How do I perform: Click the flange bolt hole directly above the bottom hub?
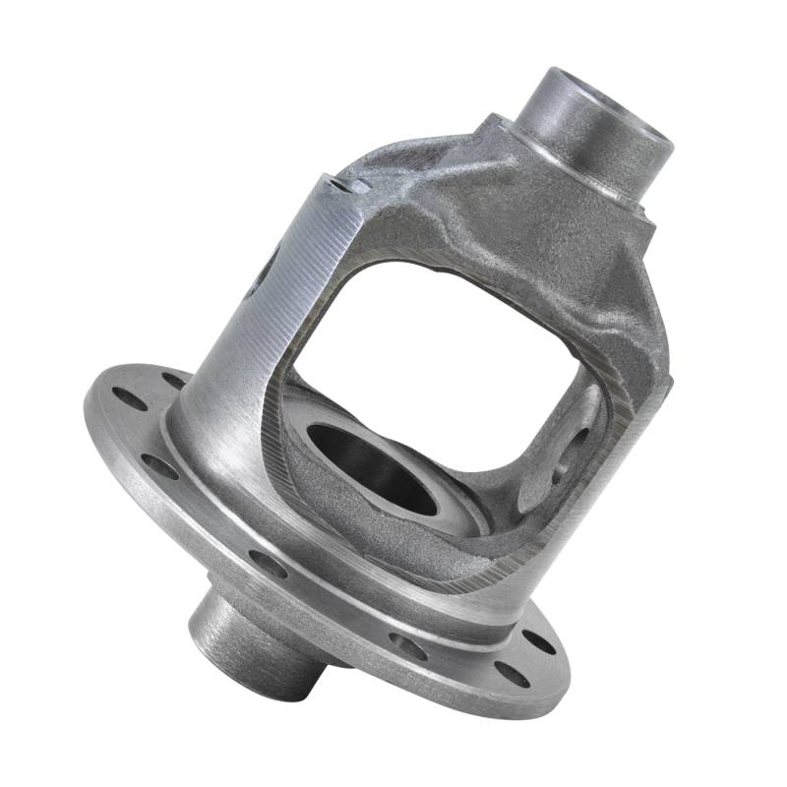268,563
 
